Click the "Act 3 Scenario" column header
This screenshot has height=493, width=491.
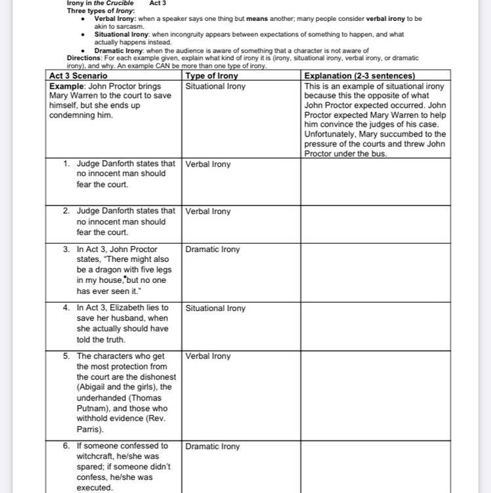tap(78, 75)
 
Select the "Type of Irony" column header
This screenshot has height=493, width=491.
tap(211, 75)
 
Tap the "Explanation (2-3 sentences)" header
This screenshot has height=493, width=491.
tap(360, 75)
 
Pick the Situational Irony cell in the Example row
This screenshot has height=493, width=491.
tap(215, 86)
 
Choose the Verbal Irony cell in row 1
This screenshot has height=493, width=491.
tap(208, 164)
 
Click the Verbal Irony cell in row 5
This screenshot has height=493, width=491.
tap(208, 356)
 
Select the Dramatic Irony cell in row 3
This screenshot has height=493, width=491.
tap(213, 249)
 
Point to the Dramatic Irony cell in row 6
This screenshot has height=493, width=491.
tap(213, 446)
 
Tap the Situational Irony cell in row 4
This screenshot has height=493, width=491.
tap(215, 308)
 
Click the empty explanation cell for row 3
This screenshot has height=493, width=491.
tap(375, 272)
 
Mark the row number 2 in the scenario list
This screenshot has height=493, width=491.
tap(66, 211)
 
